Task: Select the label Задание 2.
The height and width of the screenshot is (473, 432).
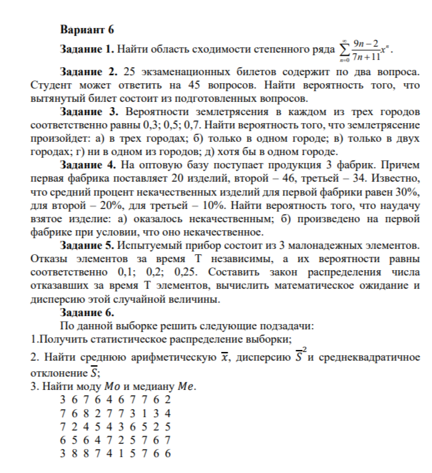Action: pyautogui.click(x=89, y=71)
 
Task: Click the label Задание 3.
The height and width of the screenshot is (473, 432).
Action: pyautogui.click(x=89, y=112)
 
